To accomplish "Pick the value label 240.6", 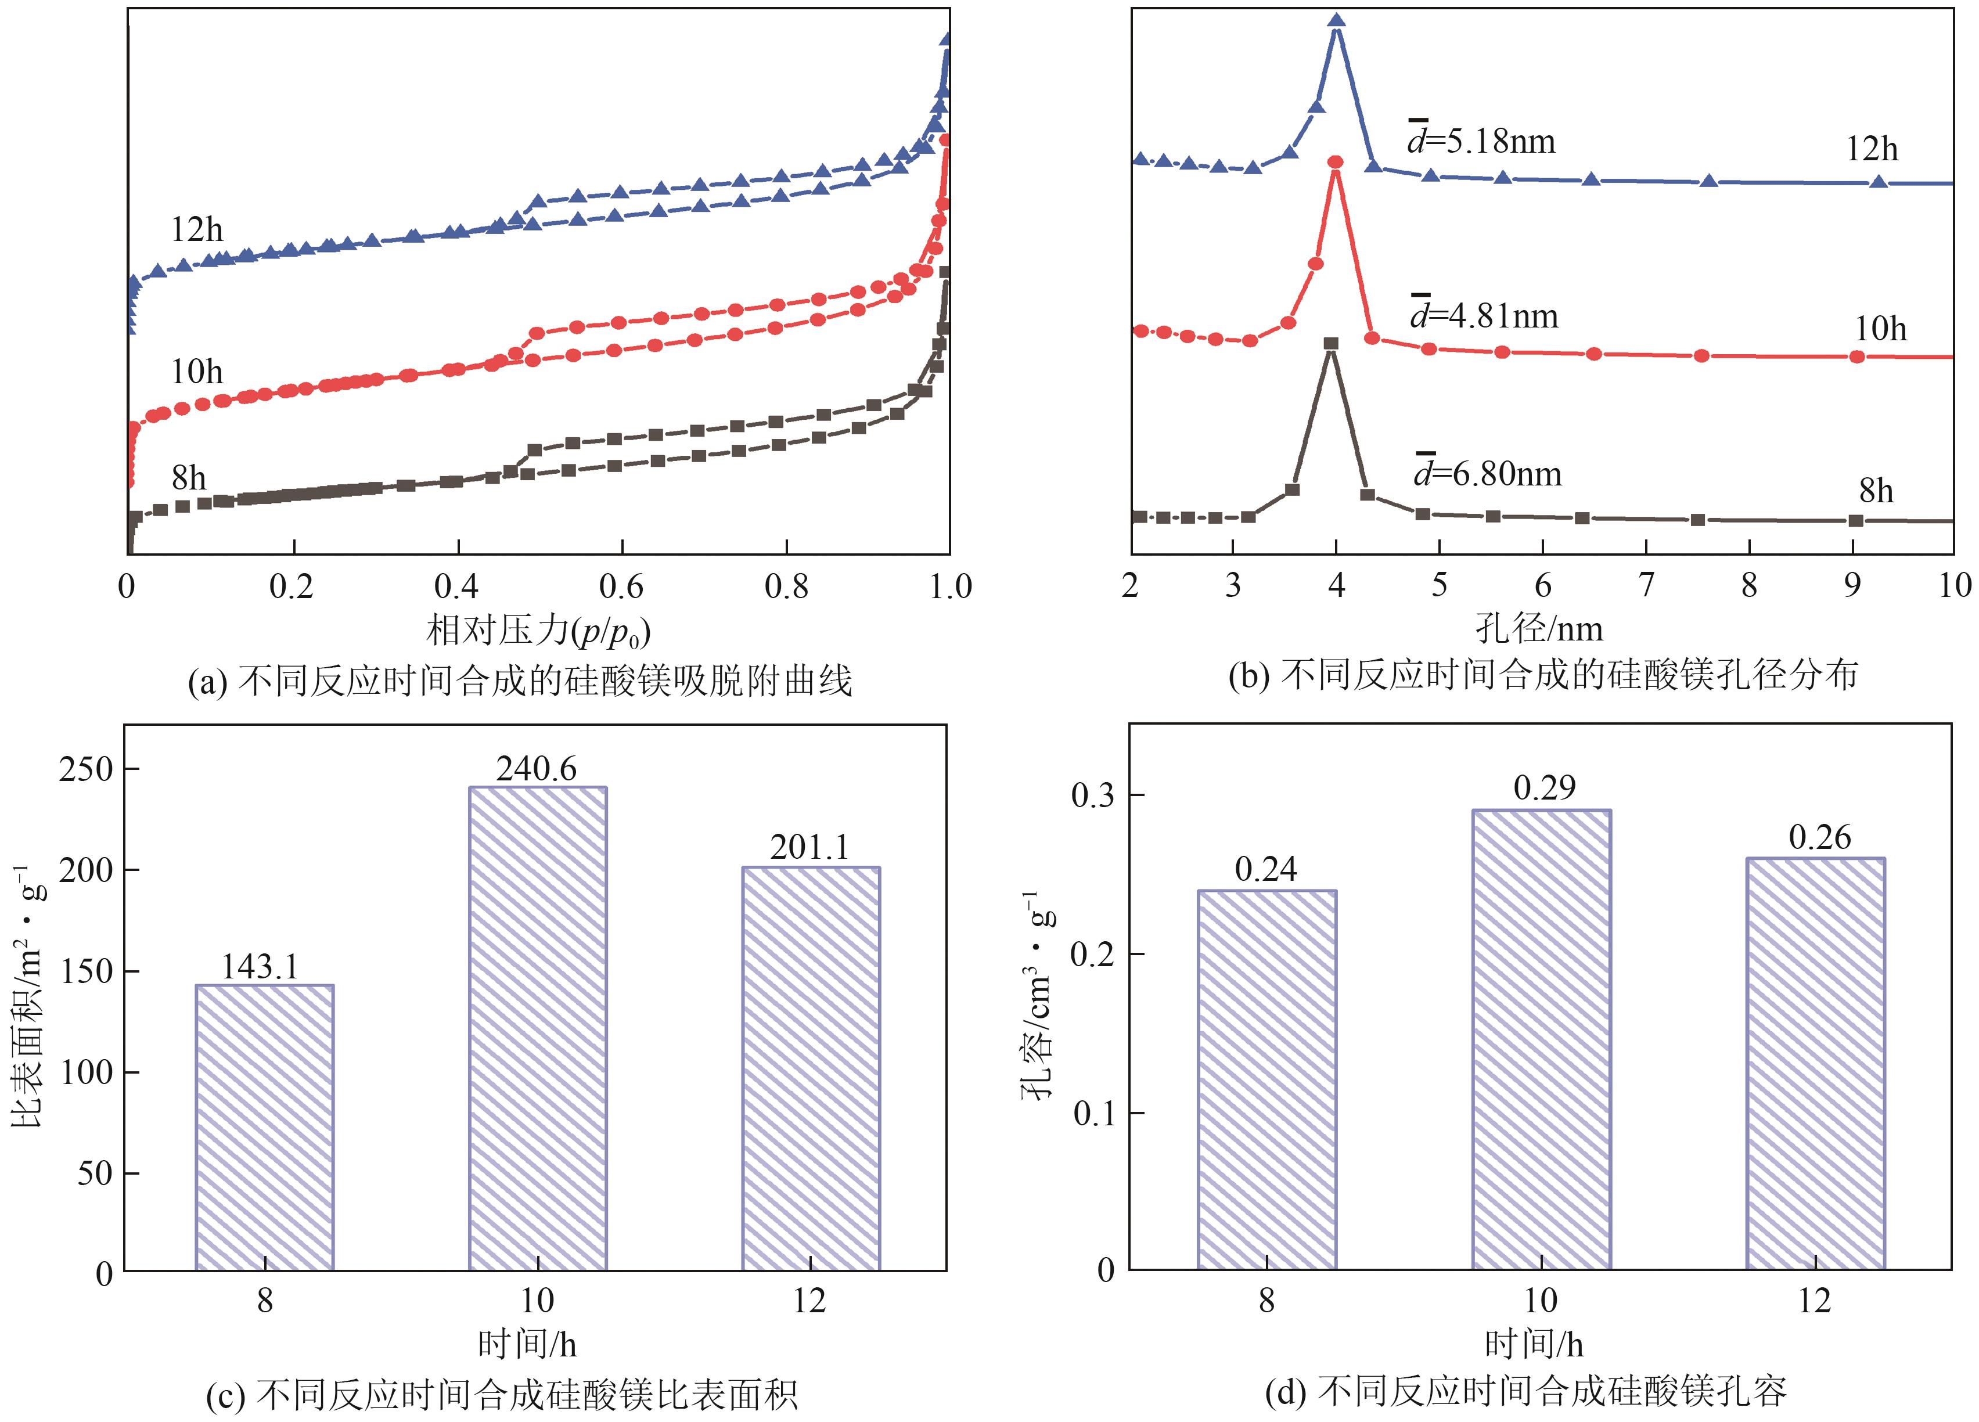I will tap(537, 769).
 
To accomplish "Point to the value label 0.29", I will tap(1545, 789).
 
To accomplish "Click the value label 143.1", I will tap(260, 967).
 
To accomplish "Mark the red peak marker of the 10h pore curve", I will tap(1335, 162).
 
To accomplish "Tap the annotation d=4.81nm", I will tap(1483, 315).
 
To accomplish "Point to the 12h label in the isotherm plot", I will tap(197, 229).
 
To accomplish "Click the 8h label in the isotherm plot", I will tap(189, 477).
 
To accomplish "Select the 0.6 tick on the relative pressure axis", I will tap(621, 587).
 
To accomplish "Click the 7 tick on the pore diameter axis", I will tap(1646, 585).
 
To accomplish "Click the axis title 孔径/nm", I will tap(1539, 628).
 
